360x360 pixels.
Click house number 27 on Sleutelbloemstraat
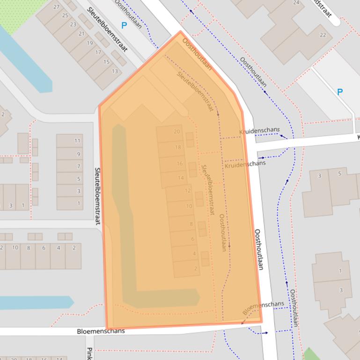tap(57, 7)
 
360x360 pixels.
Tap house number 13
tap(115, 71)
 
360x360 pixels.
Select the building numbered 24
tap(296, 3)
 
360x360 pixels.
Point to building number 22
tap(323, 35)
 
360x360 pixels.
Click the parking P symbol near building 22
tap(340, 92)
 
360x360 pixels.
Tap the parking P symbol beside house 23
tap(124, 26)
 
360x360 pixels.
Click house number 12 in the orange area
tap(188, 191)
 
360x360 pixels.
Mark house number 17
tap(98, 52)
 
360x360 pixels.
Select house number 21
tap(81, 34)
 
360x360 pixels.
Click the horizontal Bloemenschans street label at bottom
tap(101, 331)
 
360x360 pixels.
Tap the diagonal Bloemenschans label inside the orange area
tap(263, 307)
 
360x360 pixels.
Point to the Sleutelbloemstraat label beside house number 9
tap(98, 196)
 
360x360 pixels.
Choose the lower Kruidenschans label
tap(245, 164)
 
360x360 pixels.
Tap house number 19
tap(89, 43)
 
